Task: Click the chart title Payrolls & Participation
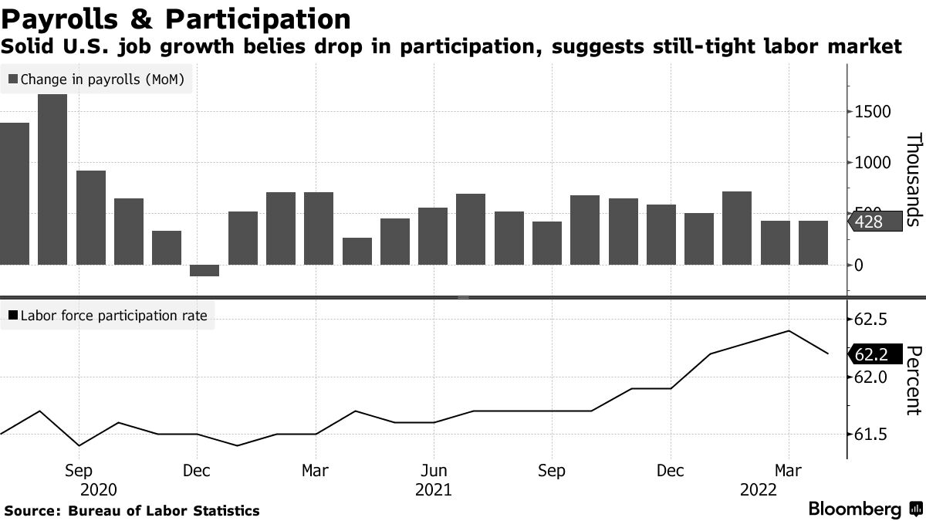coord(176,19)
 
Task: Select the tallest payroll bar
coord(52,179)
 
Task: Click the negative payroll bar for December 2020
coord(204,270)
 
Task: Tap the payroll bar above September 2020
coord(90,218)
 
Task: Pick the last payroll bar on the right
coord(813,242)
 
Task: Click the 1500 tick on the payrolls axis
coord(872,112)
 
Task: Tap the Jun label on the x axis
coord(434,471)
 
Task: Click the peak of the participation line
coord(788,331)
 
